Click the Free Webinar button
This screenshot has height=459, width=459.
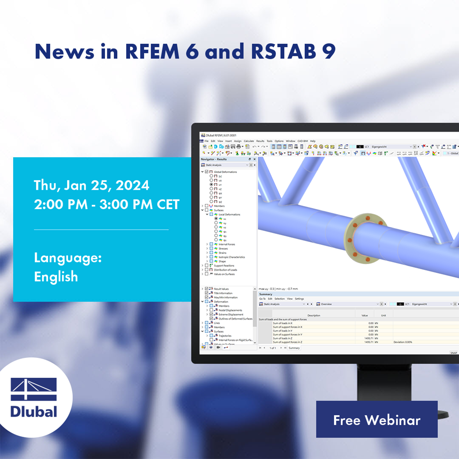(376, 420)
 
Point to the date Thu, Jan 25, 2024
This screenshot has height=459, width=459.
(91, 185)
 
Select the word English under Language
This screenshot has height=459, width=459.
(56, 277)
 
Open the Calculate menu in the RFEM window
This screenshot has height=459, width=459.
(249, 141)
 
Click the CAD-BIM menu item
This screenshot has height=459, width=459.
(302, 141)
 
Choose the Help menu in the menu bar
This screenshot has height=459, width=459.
(312, 141)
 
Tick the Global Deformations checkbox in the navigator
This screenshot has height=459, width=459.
(207, 172)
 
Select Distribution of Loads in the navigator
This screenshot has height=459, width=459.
(225, 270)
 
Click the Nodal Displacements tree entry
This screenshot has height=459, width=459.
(230, 310)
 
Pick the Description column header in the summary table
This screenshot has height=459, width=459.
(314, 316)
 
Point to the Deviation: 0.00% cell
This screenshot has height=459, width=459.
(403, 342)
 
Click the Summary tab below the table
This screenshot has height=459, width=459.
(294, 348)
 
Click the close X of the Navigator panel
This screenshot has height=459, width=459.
(254, 159)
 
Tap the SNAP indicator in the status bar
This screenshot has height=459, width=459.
(453, 353)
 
